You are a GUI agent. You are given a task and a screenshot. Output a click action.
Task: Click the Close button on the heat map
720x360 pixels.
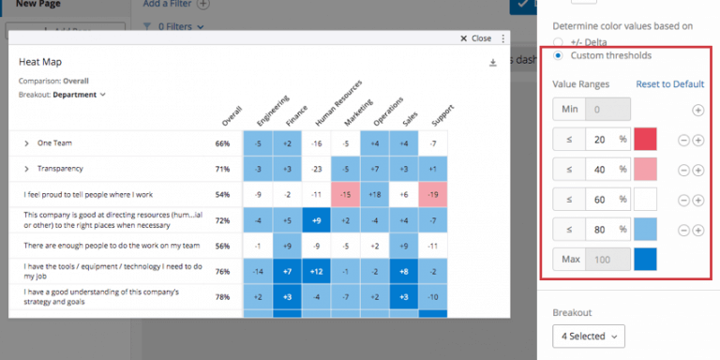(x=475, y=38)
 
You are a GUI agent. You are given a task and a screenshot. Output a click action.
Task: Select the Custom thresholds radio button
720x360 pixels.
(x=560, y=56)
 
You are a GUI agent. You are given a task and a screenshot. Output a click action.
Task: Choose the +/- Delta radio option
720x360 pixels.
(x=560, y=41)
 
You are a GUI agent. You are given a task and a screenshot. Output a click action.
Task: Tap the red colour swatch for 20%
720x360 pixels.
(x=645, y=140)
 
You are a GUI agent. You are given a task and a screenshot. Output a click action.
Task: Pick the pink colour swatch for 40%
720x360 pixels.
(x=645, y=170)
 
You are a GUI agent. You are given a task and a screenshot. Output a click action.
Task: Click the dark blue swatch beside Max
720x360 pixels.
(x=645, y=260)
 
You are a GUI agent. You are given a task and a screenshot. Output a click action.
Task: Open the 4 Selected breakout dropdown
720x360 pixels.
(x=588, y=335)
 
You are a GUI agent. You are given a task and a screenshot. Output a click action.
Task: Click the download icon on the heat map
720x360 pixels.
(x=493, y=63)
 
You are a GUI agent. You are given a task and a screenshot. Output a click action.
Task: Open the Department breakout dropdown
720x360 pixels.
(x=80, y=95)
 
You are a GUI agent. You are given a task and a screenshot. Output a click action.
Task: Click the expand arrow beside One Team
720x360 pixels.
(x=25, y=143)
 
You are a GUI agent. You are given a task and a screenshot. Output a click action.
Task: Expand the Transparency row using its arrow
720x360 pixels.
(x=25, y=169)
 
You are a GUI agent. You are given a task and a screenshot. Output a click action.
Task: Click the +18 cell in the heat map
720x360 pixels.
(x=375, y=194)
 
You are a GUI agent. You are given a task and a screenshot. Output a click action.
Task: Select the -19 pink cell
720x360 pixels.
(x=431, y=194)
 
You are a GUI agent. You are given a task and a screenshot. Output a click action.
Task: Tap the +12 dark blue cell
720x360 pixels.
(x=318, y=271)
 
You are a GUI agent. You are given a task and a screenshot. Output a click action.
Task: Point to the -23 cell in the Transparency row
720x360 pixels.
(x=318, y=169)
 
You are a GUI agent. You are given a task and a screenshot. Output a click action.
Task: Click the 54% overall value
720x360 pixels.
(x=222, y=194)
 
